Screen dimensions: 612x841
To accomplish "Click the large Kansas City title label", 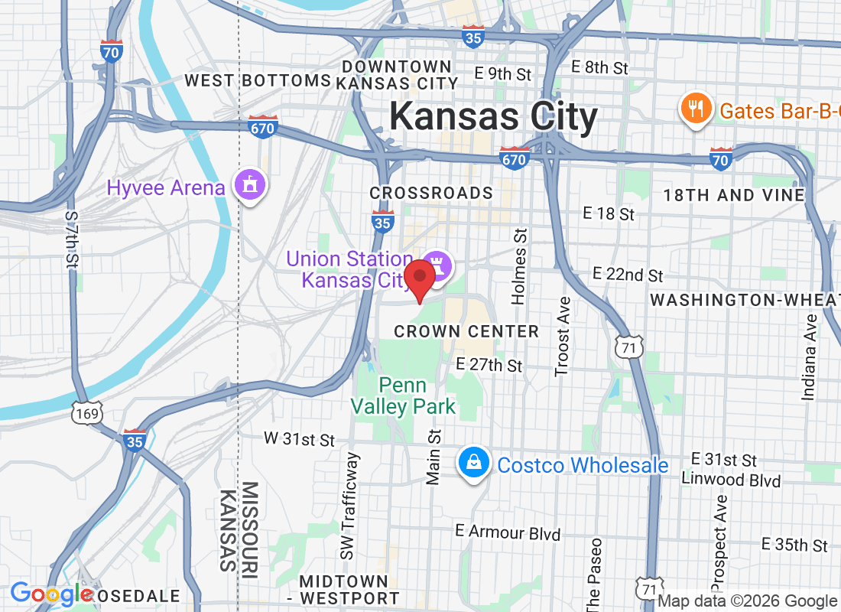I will click(493, 118).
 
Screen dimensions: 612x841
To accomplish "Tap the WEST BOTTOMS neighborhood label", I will click(258, 80).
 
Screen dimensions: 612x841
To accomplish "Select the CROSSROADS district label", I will click(431, 193).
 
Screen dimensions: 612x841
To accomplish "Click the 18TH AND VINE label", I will click(734, 195).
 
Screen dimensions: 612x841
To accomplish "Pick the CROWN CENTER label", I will click(466, 331).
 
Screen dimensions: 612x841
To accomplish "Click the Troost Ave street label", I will click(563, 337).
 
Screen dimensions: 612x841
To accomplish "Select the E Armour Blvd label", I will click(508, 532).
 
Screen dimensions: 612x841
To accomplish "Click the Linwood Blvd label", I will click(730, 480).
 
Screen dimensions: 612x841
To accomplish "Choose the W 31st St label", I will click(300, 440).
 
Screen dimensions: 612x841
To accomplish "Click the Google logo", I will click(52, 594).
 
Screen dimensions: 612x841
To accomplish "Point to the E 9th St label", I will click(502, 74).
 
